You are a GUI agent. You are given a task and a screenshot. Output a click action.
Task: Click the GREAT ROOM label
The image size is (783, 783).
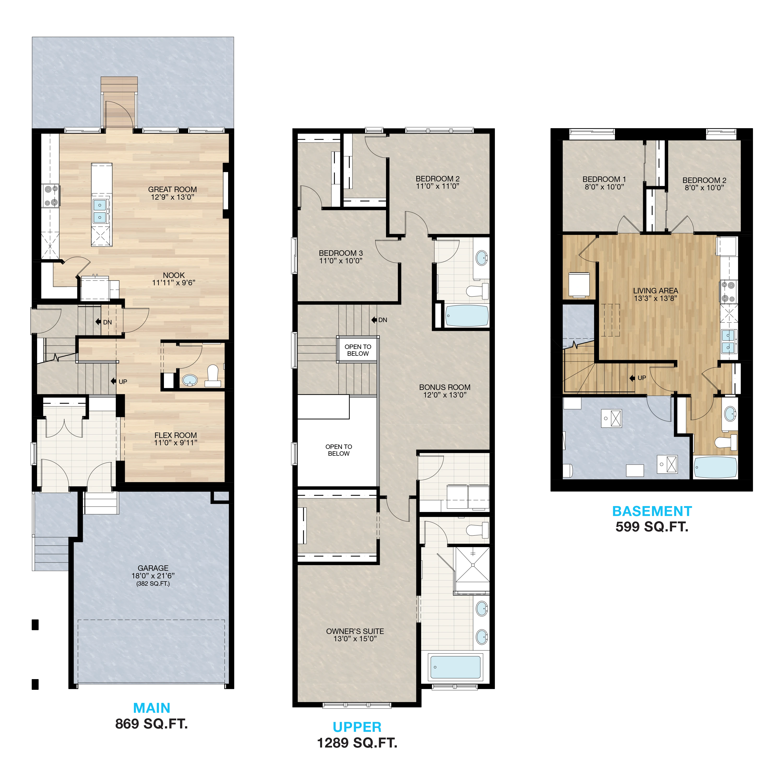172,189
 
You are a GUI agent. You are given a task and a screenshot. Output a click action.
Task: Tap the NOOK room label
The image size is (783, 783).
174,275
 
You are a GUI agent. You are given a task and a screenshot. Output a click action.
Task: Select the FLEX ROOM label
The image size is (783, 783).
175,435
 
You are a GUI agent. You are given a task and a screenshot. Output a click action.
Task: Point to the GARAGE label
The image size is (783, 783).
153,568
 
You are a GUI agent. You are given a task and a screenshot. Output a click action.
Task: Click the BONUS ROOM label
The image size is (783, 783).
444,387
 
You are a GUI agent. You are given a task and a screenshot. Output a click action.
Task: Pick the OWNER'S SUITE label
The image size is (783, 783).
355,631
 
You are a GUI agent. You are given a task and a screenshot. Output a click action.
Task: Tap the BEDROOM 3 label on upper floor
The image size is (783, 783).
341,253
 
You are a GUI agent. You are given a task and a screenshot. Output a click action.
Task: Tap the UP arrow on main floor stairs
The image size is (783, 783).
114,381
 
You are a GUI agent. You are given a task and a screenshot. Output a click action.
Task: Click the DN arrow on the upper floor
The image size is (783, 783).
374,320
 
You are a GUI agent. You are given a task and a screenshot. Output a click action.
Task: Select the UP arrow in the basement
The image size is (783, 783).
632,378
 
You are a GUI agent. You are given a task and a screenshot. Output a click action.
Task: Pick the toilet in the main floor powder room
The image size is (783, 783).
213,376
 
